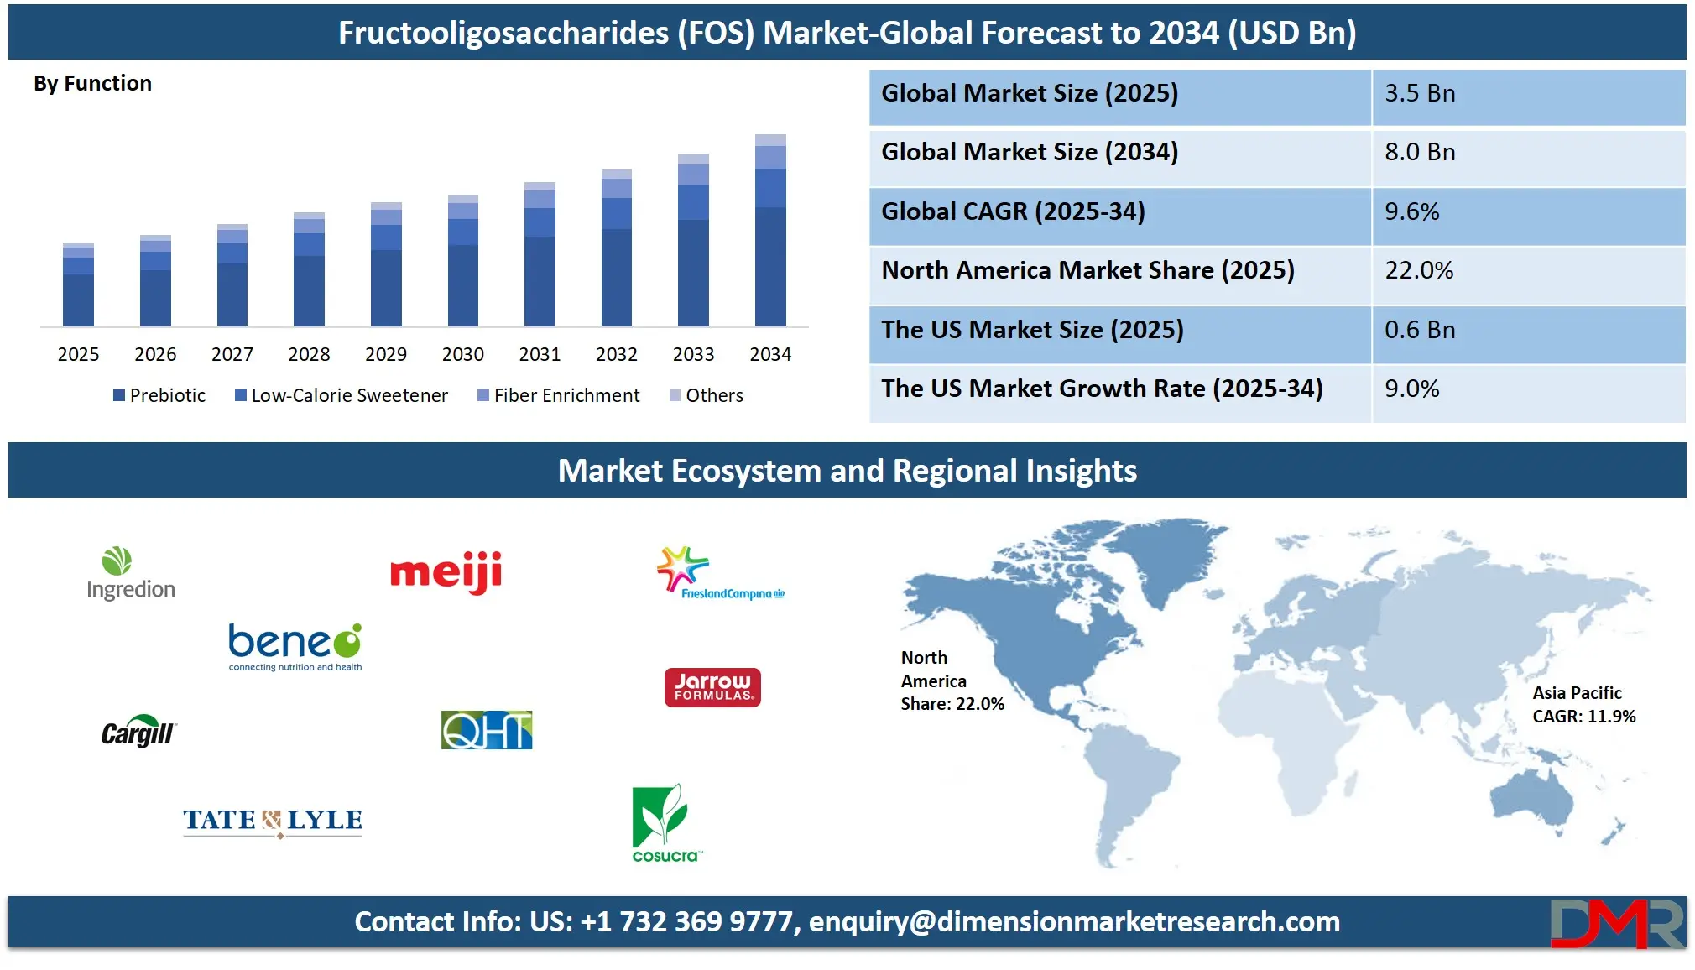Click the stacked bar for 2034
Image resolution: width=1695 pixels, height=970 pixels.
click(770, 230)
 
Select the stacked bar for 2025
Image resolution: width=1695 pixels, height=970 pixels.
click(78, 284)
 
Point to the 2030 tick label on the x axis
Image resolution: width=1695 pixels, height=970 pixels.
click(463, 354)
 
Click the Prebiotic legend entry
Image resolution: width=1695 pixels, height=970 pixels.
click(159, 395)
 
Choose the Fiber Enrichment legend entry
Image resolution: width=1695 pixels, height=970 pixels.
click(558, 395)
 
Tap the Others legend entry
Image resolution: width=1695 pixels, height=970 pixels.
click(707, 395)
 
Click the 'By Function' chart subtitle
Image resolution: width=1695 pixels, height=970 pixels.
click(92, 83)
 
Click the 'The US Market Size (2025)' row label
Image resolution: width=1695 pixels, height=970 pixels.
click(1032, 330)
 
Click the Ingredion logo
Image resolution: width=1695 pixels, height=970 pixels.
click(131, 574)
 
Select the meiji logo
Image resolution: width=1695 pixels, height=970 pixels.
click(446, 572)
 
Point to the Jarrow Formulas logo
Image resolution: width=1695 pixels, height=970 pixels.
click(712, 687)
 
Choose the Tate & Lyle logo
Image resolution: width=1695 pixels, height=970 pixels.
click(273, 821)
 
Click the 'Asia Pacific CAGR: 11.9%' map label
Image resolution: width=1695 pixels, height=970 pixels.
click(1584, 705)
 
